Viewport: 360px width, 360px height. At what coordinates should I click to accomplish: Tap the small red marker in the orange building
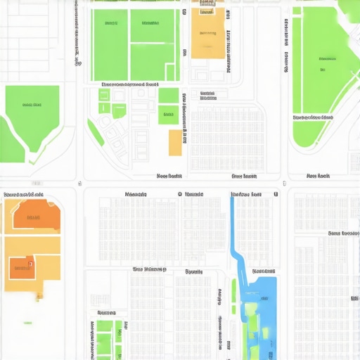tap(30, 265)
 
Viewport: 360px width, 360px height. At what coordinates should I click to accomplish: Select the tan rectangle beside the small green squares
tap(175, 143)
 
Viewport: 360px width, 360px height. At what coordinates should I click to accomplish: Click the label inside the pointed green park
tap(32, 105)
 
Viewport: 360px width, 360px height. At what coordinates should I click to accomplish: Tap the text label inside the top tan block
tap(207, 32)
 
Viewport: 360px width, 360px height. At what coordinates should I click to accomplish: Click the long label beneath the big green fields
tap(130, 84)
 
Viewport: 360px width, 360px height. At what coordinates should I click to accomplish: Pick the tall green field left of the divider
tap(110, 44)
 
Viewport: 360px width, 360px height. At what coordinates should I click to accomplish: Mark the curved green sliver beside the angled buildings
tap(95, 133)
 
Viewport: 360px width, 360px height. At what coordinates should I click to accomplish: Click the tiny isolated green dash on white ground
tap(27, 322)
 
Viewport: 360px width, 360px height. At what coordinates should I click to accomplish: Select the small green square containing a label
tap(168, 114)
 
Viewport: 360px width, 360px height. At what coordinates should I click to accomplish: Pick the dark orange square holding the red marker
tap(21, 266)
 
